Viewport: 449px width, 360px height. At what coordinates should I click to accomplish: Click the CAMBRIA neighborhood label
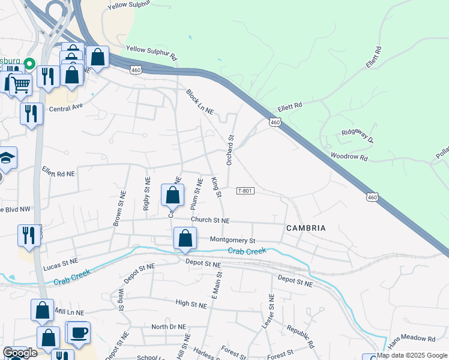306,228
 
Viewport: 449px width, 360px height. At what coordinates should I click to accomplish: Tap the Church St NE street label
210,220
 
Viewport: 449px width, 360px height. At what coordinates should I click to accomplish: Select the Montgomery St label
233,239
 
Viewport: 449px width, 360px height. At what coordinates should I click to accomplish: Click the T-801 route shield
246,191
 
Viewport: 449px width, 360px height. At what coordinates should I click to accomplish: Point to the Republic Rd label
301,337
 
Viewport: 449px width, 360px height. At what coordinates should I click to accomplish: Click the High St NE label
191,304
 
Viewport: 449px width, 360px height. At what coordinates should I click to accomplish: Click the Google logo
20,353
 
